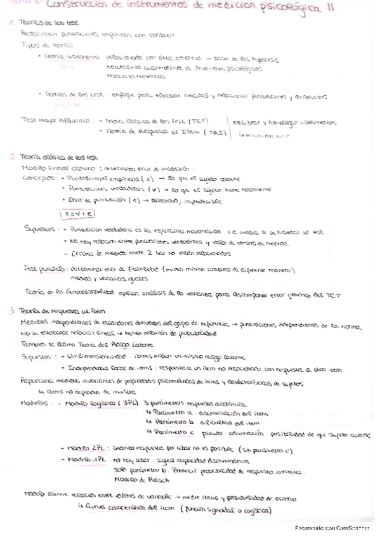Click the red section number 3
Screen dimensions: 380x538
coord(12,311)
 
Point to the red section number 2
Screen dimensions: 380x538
coord(12,156)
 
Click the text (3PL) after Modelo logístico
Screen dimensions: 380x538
coord(130,404)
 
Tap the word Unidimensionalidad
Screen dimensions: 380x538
coord(87,356)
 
